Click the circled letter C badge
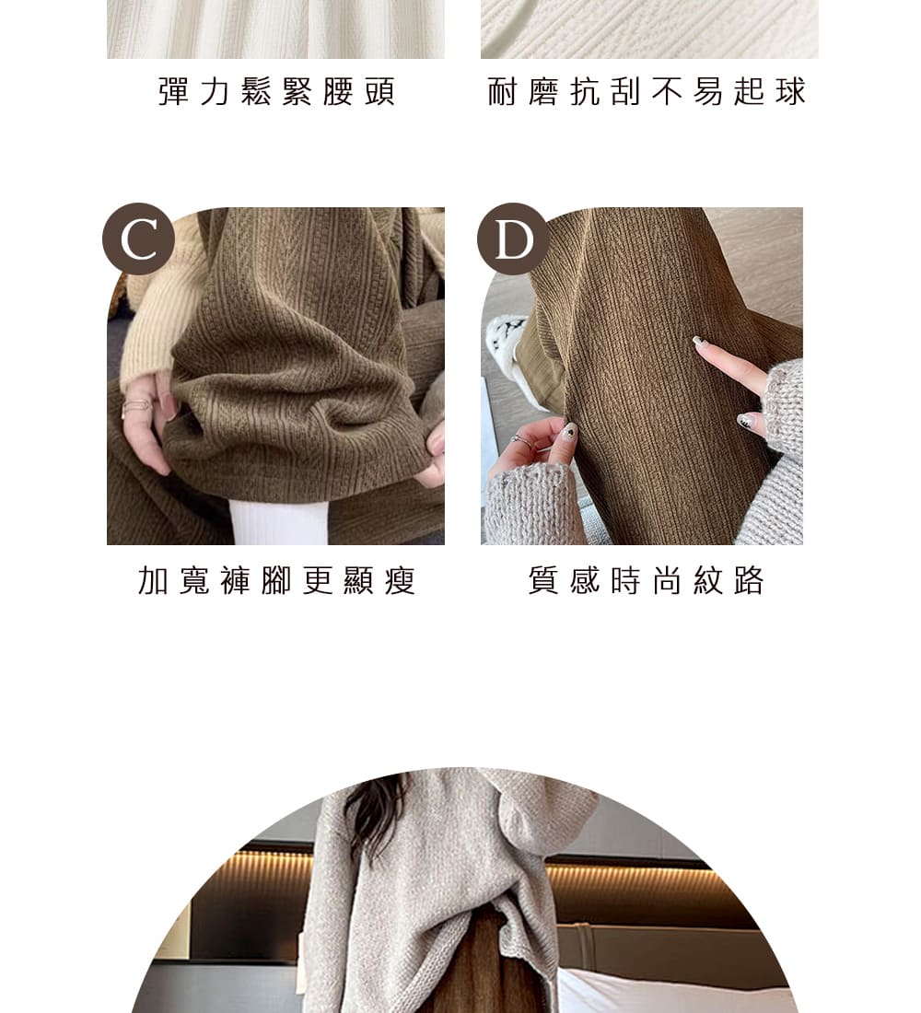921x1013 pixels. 138,239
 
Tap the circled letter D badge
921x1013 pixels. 513,239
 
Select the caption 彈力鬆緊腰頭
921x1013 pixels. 276,91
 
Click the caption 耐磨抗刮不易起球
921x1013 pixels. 647,91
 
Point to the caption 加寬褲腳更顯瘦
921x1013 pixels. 276,580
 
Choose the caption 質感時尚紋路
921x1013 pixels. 647,580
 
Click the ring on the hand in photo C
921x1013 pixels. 136,406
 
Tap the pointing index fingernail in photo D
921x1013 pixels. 699,343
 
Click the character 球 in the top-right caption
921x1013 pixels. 791,91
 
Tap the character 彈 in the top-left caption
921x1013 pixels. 173,91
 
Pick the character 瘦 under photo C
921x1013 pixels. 400,580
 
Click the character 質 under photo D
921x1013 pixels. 543,580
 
